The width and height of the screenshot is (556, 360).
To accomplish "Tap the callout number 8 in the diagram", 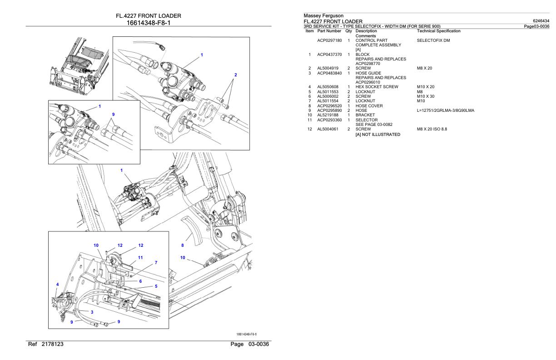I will point(183,245).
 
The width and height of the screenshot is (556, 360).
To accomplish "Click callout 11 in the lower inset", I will point(140,257).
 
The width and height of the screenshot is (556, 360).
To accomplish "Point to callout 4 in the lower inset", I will point(57,285).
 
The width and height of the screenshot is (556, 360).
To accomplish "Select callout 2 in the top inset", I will point(235,75).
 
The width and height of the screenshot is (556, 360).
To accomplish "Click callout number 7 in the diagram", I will point(156,263).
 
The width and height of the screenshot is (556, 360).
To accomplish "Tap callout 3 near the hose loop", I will point(92,312).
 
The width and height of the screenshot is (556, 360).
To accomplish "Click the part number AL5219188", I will point(328,115).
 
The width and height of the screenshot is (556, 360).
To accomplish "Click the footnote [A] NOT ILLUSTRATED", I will point(378,135).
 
